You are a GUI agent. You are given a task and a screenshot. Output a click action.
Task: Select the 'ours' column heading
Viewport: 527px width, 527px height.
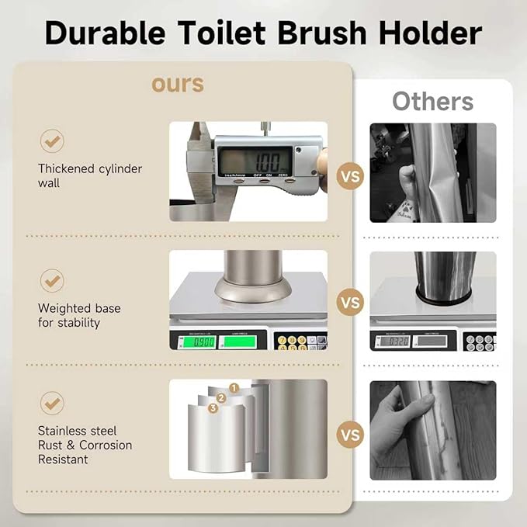[x=178, y=83]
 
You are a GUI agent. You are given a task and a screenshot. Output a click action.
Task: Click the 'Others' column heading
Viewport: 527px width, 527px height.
[x=432, y=102]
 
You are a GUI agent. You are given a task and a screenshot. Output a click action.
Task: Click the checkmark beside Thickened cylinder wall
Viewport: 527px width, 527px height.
[x=52, y=140]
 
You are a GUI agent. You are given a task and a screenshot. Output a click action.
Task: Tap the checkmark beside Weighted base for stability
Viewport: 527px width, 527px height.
[x=52, y=280]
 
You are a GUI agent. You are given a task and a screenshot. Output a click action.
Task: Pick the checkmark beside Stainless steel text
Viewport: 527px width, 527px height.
[x=52, y=404]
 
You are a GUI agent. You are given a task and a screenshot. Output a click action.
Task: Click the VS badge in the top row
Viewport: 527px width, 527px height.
[x=350, y=177]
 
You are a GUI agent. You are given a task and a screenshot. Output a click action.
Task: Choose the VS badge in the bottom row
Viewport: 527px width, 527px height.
[x=350, y=435]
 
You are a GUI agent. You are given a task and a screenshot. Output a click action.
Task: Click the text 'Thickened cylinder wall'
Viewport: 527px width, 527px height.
[x=90, y=176]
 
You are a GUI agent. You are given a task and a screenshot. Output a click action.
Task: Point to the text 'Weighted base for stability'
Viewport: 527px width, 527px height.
[x=79, y=315]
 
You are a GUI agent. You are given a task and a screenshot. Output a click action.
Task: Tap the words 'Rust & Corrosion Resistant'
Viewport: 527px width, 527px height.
[x=85, y=452]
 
